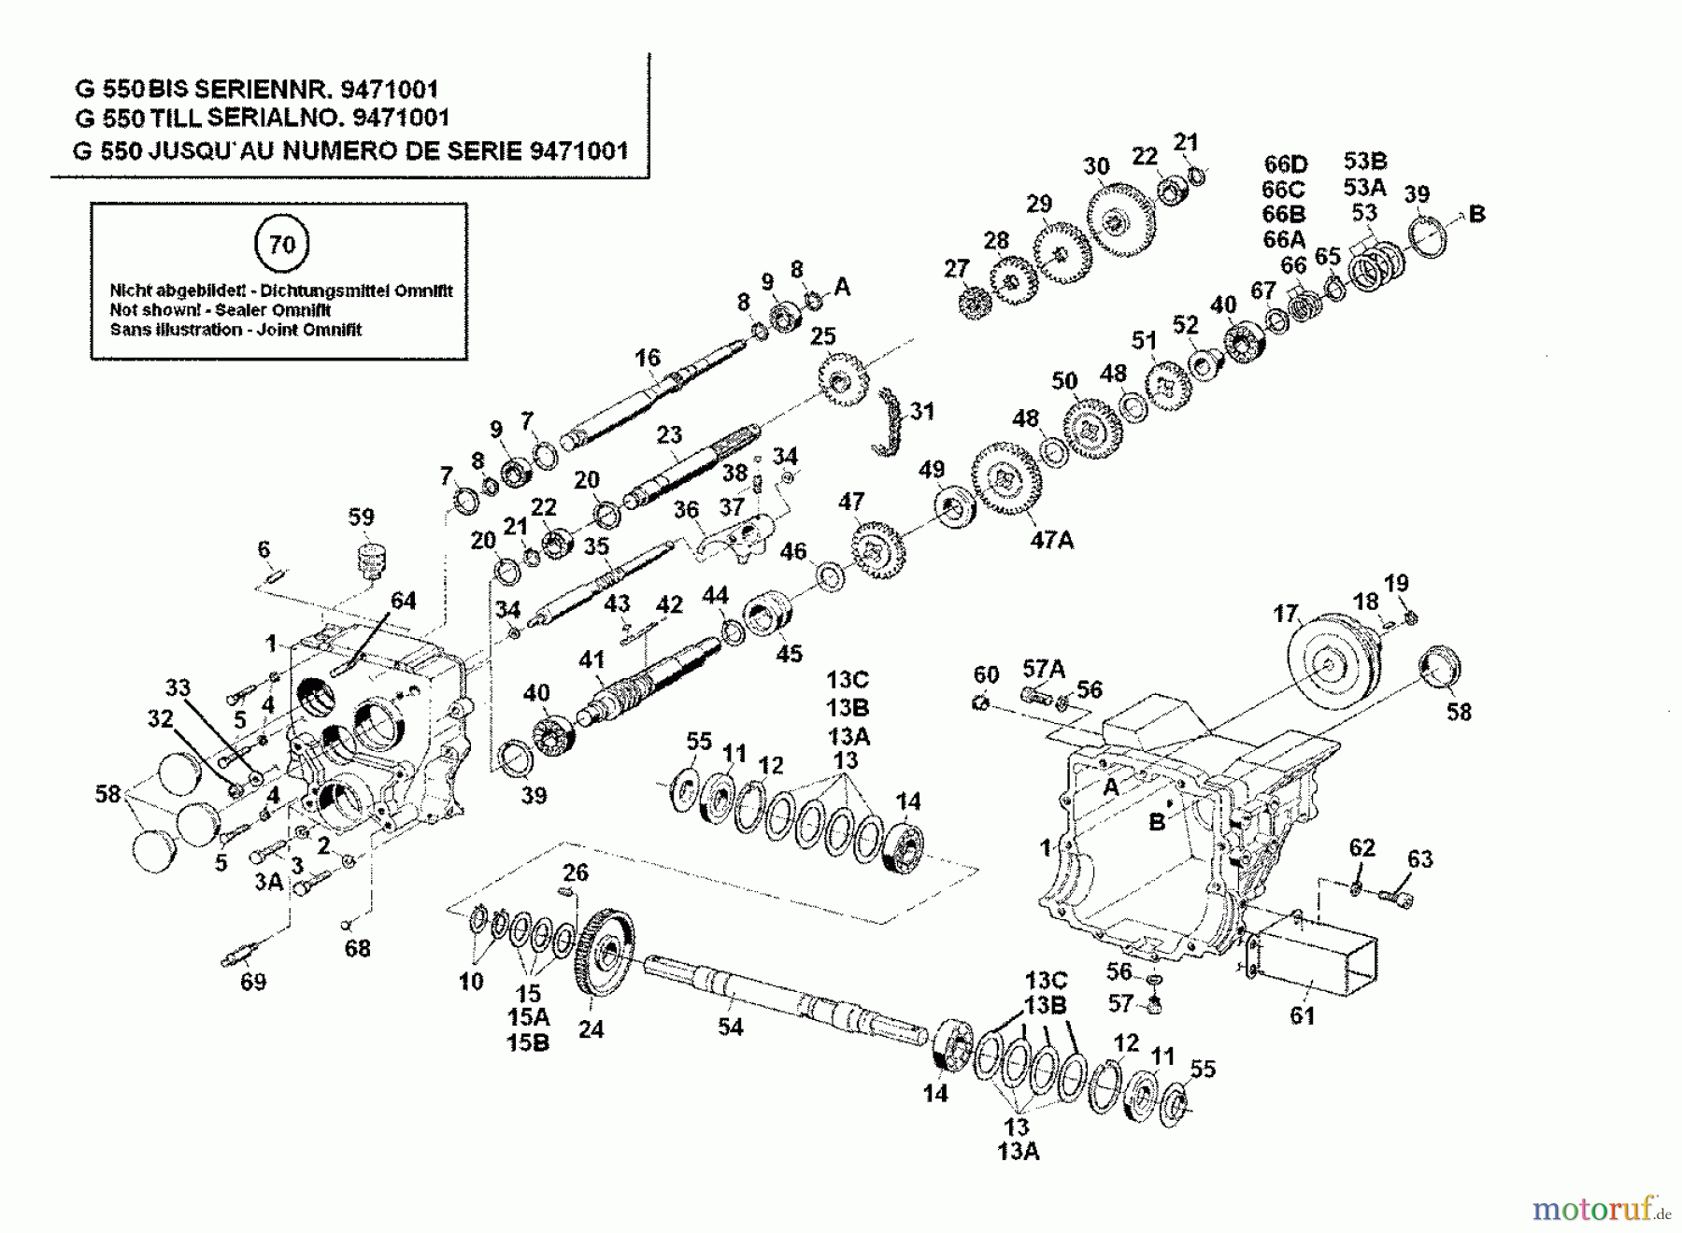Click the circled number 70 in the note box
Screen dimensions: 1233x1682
pos(281,245)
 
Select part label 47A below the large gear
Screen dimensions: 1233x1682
pos(1051,539)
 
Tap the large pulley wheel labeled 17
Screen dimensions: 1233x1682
pos(1327,664)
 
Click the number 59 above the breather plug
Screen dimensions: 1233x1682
pos(361,517)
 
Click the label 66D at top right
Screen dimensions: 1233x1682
pos(1285,164)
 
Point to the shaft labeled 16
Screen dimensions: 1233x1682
pos(654,391)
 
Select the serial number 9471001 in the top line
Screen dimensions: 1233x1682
pos(389,89)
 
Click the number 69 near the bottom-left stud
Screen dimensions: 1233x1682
pos(252,982)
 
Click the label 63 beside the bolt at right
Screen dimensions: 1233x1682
pos(1419,858)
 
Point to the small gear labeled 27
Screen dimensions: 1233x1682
pos(975,304)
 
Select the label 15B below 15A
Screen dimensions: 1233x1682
pos(528,1042)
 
